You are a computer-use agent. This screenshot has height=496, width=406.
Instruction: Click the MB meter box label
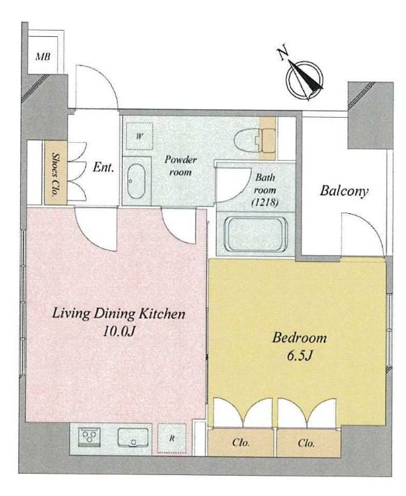point(42,57)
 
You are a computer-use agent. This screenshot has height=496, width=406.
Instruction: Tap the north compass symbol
point(304,77)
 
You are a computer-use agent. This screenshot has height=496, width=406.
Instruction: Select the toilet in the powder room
point(255,141)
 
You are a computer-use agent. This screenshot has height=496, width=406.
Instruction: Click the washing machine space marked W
point(139,137)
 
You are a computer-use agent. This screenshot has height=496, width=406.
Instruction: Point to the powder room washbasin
point(136,181)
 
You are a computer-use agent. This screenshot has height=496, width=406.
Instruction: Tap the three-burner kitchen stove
point(89,437)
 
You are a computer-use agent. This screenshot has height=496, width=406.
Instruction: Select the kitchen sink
point(133,437)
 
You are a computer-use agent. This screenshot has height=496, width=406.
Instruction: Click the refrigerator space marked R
point(172,439)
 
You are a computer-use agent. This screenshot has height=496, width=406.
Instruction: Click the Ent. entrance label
point(103,167)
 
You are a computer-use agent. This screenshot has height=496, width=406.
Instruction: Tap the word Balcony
point(344,192)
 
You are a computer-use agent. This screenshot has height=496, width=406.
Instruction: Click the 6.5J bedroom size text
point(299,356)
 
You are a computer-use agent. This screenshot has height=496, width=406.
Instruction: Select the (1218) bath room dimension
point(265,203)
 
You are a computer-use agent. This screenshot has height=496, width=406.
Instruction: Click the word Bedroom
point(299,338)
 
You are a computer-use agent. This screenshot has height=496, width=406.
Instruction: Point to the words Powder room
point(180,165)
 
